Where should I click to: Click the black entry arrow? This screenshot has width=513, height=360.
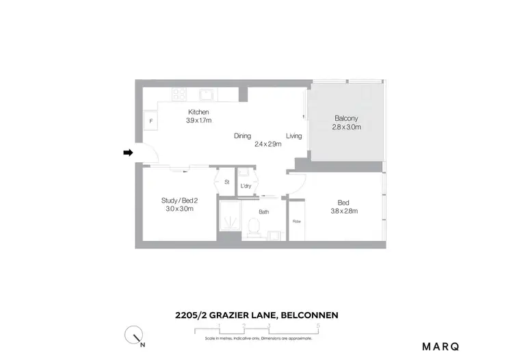click(x=127, y=153)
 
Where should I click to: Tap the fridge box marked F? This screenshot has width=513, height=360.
click(x=150, y=121)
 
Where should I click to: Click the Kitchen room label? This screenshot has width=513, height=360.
click(x=198, y=112)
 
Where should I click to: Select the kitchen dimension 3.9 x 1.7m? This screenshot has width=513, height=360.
click(x=198, y=120)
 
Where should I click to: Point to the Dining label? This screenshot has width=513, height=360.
click(x=242, y=136)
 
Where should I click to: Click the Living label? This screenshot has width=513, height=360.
click(x=294, y=136)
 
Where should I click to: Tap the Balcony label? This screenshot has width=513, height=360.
click(x=346, y=118)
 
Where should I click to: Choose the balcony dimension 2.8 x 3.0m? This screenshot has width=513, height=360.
click(x=346, y=127)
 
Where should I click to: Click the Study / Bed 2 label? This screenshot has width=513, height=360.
click(x=179, y=200)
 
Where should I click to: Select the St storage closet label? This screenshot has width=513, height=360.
click(x=227, y=182)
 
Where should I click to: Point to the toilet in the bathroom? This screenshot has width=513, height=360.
click(x=254, y=225)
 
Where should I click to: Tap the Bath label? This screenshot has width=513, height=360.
click(x=263, y=211)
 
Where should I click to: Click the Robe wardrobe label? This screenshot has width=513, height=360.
click(x=297, y=221)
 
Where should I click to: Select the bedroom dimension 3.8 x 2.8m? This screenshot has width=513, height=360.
click(x=343, y=211)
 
